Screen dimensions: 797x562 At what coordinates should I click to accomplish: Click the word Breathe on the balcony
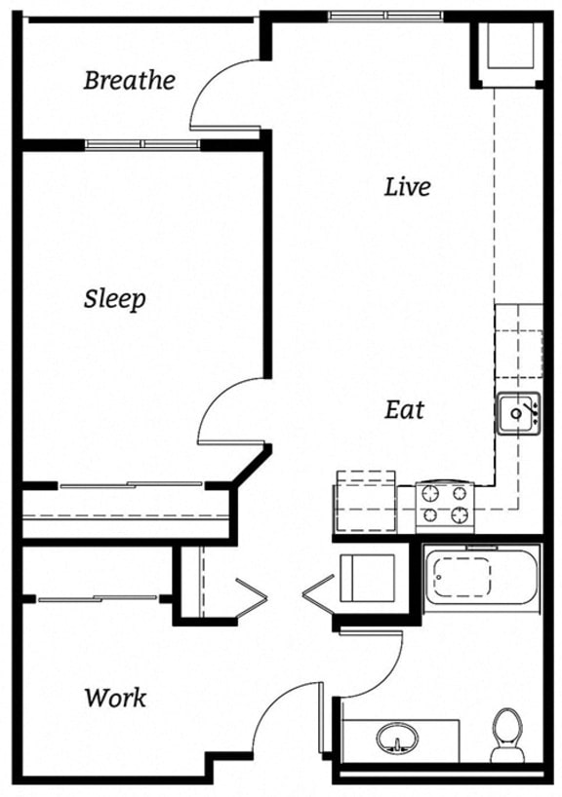pos(129,80)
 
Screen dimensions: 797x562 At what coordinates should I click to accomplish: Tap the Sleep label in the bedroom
pos(114,298)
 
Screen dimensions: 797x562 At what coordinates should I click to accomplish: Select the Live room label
pos(407,186)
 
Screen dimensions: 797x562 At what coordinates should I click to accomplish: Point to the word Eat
pos(404,410)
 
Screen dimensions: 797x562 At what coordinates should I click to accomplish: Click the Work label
pos(115,698)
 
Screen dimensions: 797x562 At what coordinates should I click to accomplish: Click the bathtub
pos(484,579)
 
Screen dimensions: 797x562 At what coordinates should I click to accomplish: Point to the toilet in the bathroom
pos(506,735)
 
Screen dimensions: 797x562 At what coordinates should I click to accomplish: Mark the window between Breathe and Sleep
pos(142,144)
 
